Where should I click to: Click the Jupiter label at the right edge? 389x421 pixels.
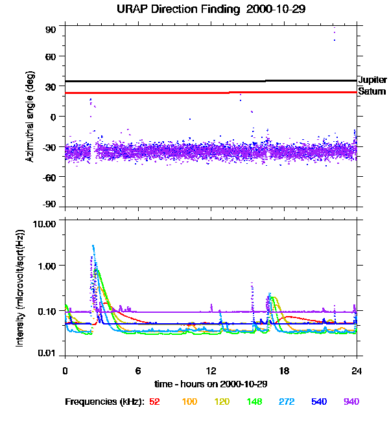pos(372,80)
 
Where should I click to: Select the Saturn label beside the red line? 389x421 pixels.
pos(371,91)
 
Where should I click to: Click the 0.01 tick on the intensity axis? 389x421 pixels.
pos(49,353)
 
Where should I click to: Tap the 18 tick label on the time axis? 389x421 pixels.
pos(283,370)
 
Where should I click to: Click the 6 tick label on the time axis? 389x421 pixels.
pos(137,370)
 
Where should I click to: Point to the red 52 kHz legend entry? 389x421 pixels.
pos(154,402)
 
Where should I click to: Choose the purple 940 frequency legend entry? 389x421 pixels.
pos(351,402)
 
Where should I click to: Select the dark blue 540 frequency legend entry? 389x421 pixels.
pos(320,402)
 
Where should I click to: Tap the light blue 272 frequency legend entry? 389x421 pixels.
pos(287,402)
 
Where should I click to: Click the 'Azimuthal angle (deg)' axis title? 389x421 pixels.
pos(30,117)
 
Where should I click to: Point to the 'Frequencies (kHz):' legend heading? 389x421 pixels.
pos(104,402)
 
